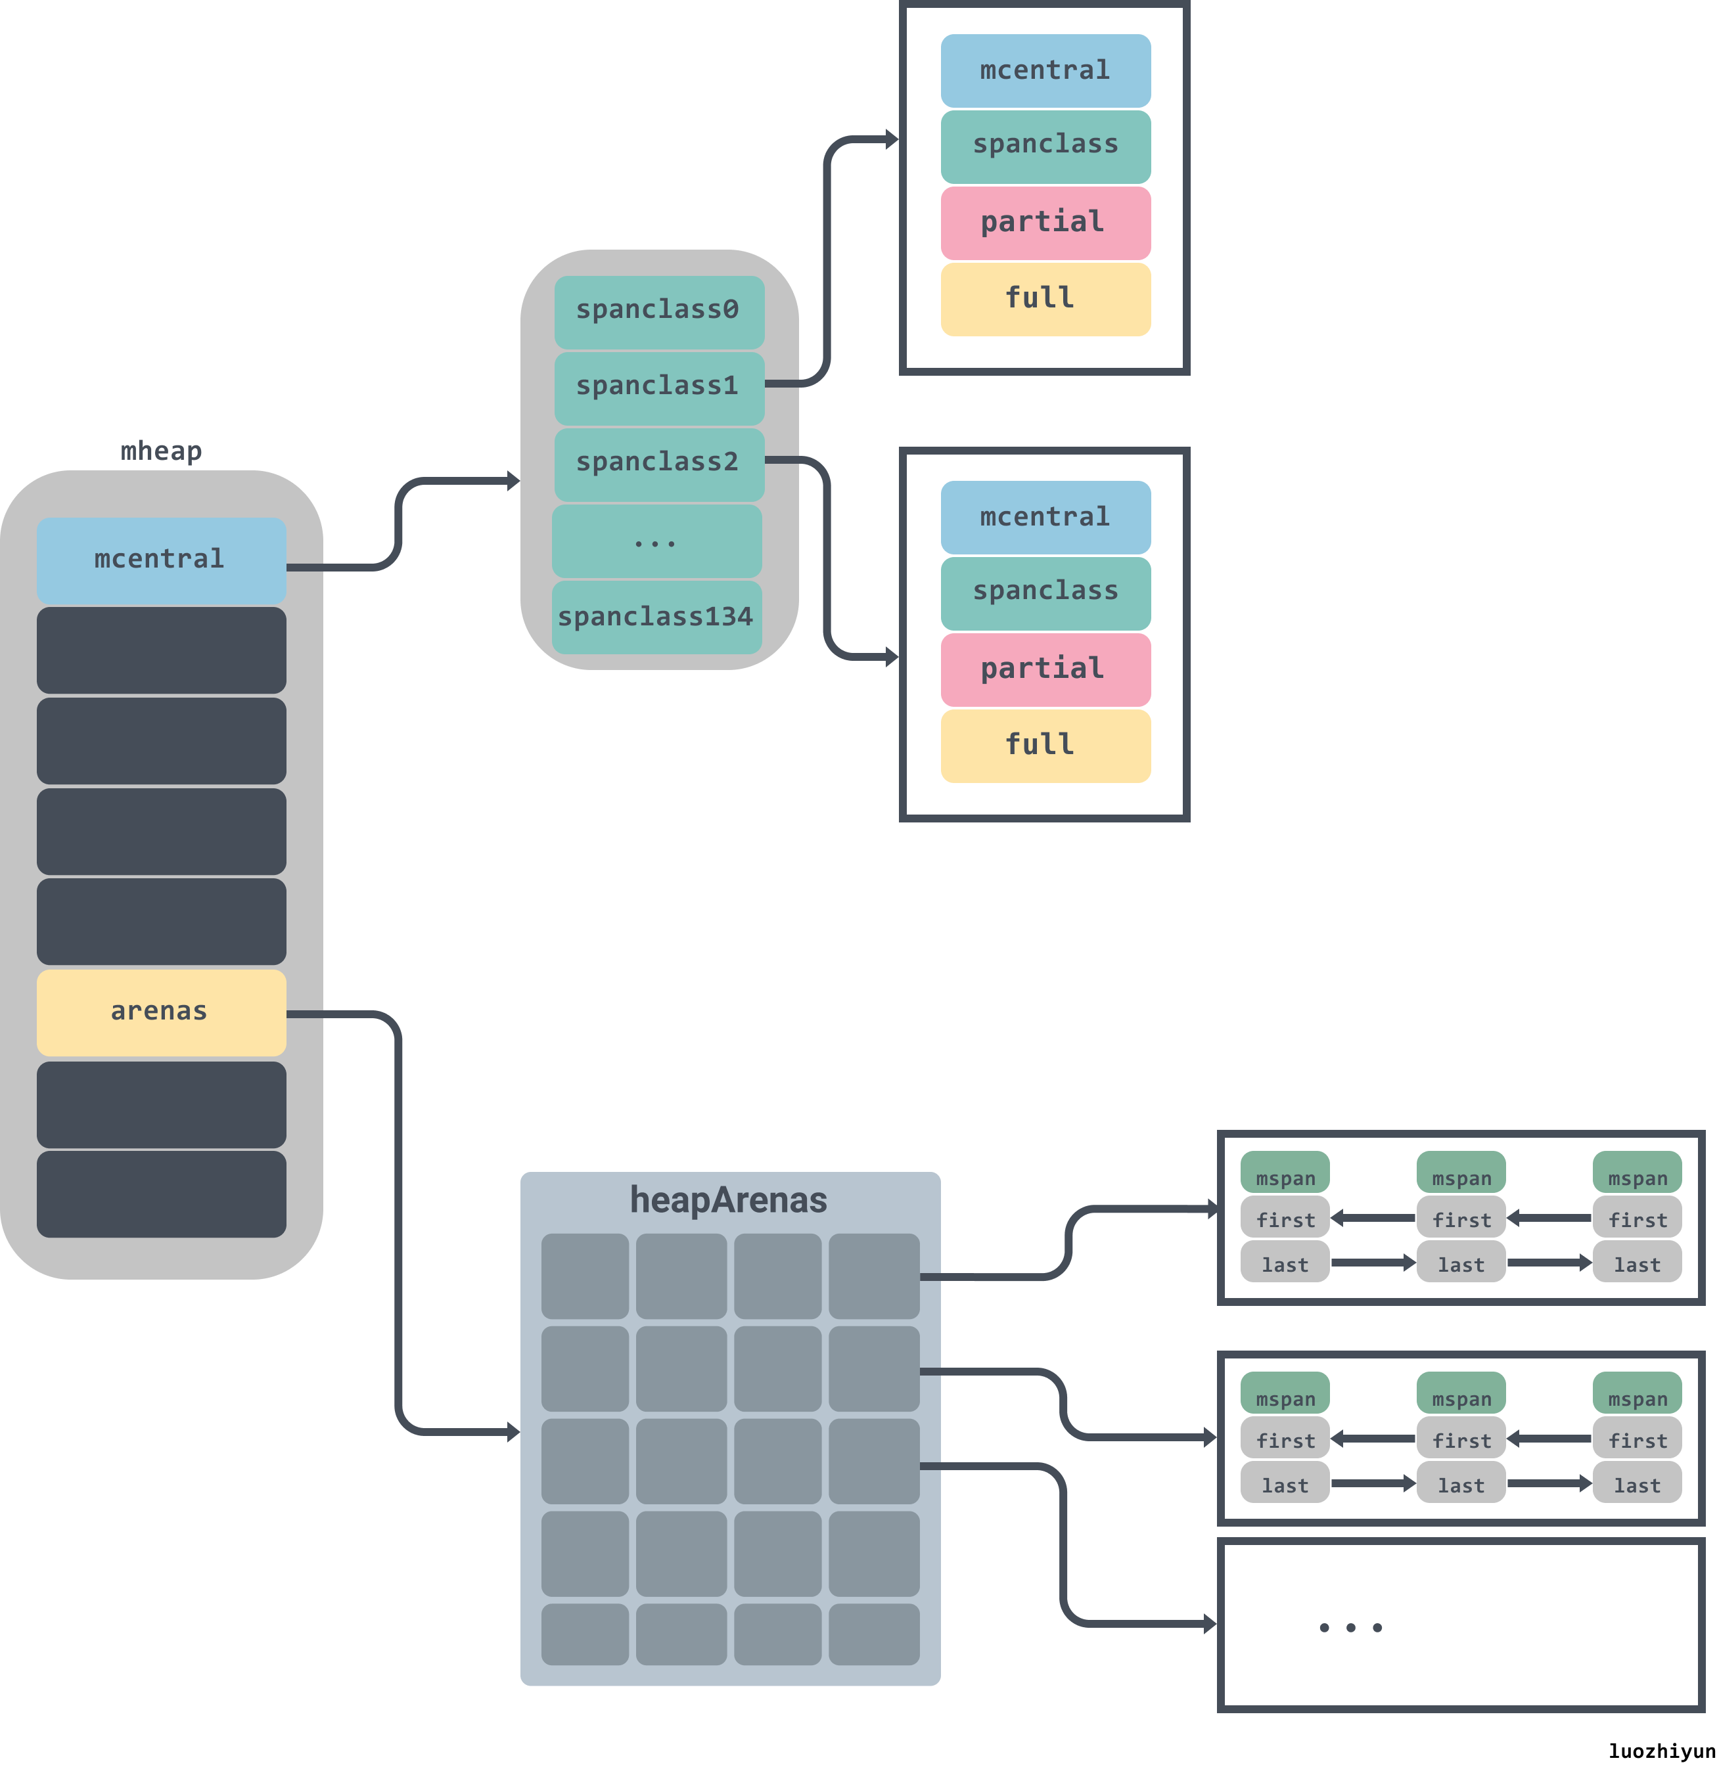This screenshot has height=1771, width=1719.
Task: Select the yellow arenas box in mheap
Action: pos(161,1012)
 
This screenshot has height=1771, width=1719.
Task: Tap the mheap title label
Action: pos(161,450)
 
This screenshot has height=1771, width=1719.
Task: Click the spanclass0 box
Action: pos(658,311)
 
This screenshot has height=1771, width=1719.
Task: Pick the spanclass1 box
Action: pos(658,387)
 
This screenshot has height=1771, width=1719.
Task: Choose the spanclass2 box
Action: pos(658,462)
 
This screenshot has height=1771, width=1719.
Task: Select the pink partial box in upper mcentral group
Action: pos(1045,222)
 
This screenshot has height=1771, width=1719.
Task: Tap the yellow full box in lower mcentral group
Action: pos(1045,746)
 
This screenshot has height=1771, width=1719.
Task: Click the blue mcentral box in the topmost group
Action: pos(1045,70)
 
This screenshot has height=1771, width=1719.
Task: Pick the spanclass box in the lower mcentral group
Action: pos(1045,592)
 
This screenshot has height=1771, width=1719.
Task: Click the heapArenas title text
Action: pos(729,1200)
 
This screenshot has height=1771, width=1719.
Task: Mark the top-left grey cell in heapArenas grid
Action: pos(585,1275)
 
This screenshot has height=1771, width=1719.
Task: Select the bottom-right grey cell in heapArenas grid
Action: pos(873,1634)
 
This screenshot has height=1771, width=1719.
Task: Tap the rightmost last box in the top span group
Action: pos(1637,1264)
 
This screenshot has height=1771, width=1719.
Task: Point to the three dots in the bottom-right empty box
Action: pos(1350,1627)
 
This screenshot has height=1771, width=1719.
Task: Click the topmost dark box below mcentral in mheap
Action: pos(161,650)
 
